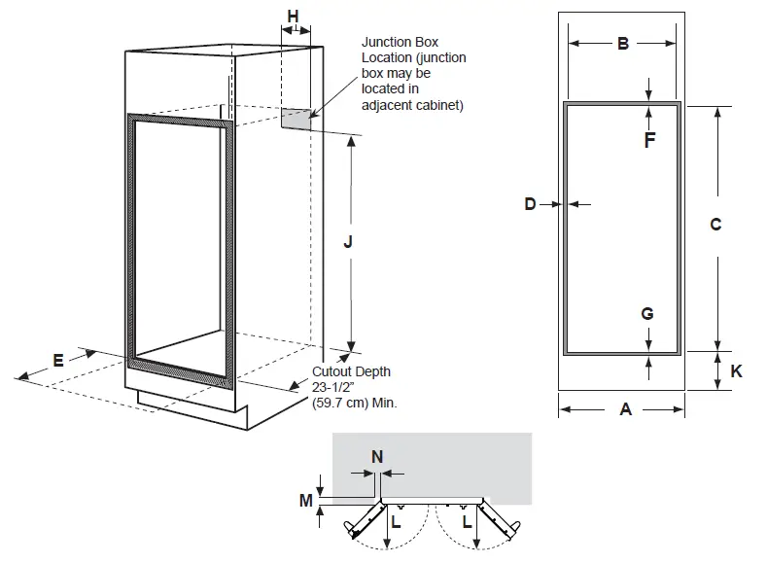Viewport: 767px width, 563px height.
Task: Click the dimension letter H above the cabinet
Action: click(293, 16)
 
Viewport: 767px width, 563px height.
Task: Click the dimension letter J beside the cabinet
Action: click(348, 243)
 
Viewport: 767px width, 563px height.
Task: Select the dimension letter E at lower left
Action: click(58, 360)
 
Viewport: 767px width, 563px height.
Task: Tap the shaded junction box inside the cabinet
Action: click(297, 119)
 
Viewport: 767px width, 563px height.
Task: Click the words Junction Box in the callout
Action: click(400, 43)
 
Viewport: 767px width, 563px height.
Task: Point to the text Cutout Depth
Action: click(351, 372)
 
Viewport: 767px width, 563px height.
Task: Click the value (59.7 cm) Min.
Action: click(355, 402)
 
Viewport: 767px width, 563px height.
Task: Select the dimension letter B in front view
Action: click(623, 43)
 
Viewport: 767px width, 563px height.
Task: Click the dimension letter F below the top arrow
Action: click(649, 139)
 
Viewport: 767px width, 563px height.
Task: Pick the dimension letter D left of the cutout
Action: click(530, 204)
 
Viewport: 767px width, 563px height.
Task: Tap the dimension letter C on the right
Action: click(715, 225)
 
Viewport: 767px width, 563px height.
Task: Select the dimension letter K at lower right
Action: click(736, 371)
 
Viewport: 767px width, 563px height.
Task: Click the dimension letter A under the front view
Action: click(625, 410)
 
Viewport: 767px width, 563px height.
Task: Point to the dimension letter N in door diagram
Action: click(377, 455)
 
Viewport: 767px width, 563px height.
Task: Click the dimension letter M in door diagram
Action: click(306, 501)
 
